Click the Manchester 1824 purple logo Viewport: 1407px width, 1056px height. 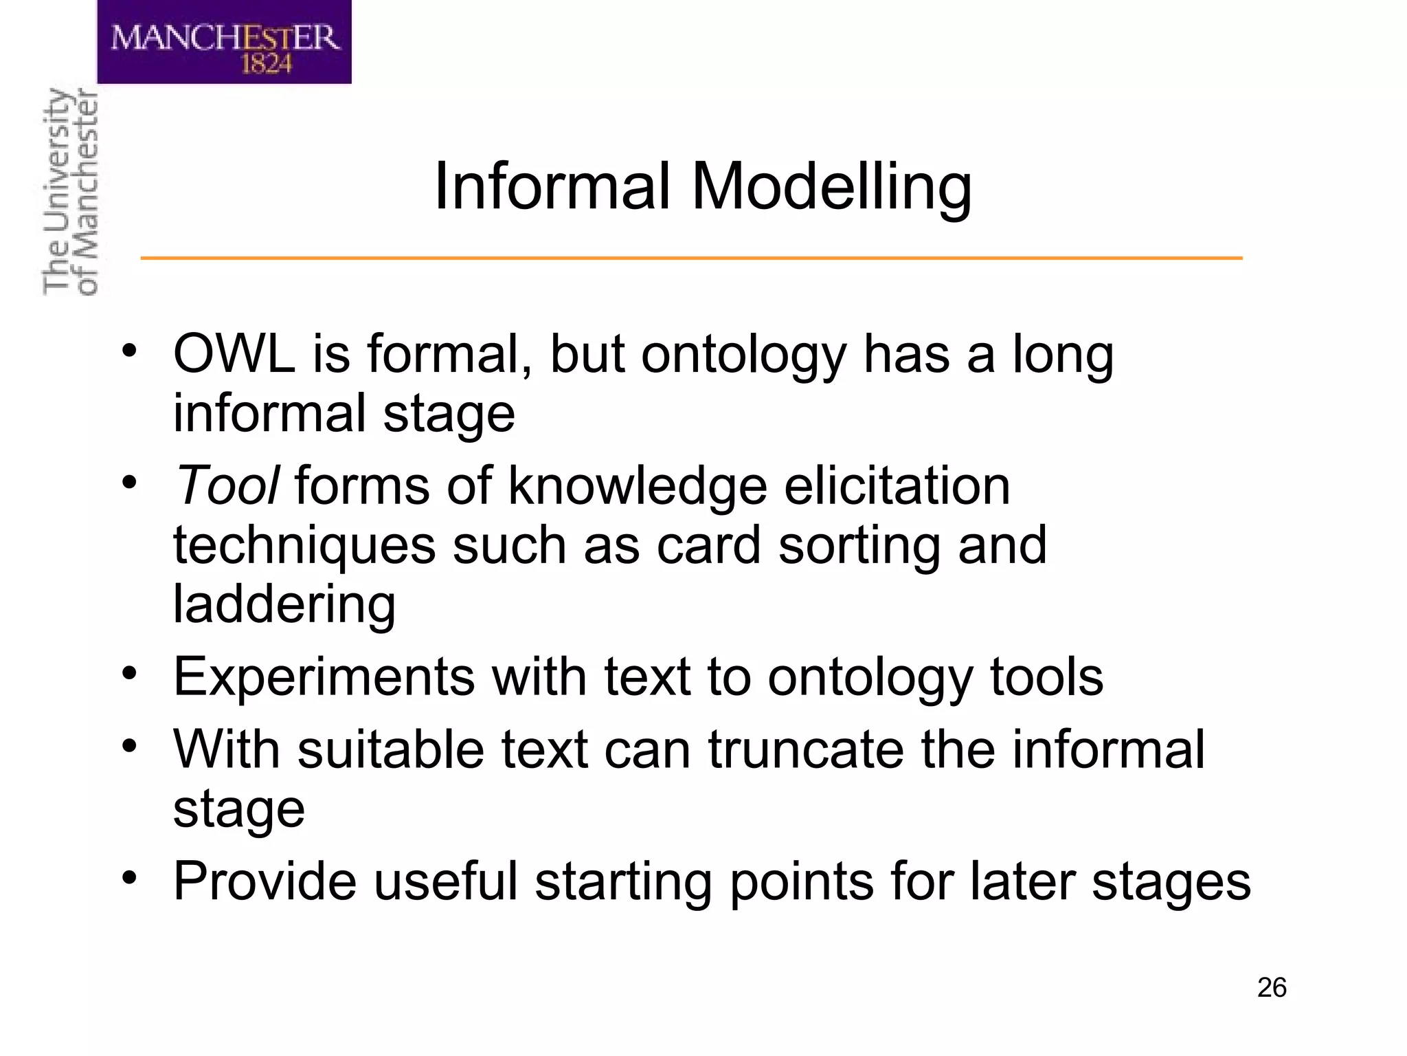224,42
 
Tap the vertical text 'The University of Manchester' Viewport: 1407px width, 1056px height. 70,192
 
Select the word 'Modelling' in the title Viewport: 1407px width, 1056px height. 831,187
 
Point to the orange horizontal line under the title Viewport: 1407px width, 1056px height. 691,258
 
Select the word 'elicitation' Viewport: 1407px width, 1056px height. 897,485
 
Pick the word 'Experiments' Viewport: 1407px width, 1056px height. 324,676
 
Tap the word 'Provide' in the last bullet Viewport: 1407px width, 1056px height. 264,881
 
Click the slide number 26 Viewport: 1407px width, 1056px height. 1272,988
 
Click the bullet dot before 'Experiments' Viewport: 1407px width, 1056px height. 130,673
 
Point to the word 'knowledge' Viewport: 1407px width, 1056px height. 638,485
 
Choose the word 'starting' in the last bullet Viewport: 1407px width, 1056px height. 623,882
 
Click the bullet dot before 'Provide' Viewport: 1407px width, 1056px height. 130,877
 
